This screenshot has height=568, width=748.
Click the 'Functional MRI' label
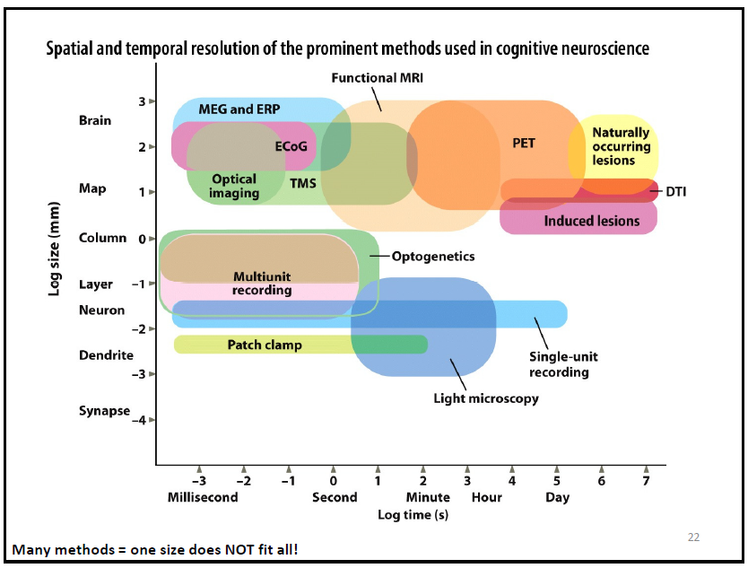(377, 78)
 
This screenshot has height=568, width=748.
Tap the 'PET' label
(524, 143)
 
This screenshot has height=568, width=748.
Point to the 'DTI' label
(676, 191)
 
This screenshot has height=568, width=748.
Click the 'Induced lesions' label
(592, 221)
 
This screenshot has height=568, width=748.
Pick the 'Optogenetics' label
(433, 257)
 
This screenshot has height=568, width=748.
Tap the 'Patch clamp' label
(265, 345)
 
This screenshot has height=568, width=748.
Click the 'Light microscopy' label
(486, 398)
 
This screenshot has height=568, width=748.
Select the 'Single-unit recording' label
(563, 364)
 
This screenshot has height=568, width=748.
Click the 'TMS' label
(302, 184)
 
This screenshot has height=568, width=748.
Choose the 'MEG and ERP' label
(239, 109)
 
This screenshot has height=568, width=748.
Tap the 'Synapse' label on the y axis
(104, 411)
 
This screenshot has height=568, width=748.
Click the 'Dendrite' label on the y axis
(106, 355)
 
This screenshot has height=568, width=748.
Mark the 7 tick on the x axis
(646, 480)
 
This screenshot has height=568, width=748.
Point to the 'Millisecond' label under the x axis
(203, 497)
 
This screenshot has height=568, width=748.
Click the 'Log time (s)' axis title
(413, 515)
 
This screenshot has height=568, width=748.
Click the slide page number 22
(693, 537)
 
